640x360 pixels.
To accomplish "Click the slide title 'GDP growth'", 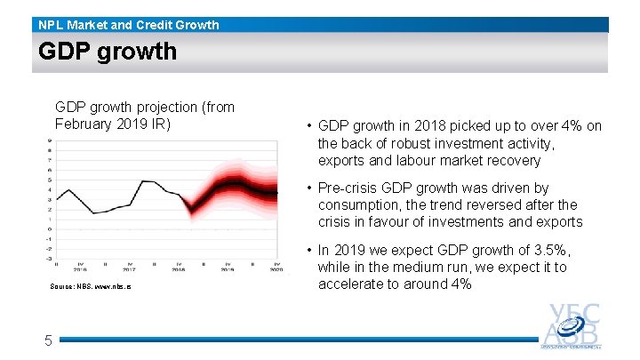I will tap(108, 52).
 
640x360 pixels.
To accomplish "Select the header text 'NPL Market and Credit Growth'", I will tap(129, 25).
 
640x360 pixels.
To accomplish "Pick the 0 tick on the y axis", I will tap(49, 228).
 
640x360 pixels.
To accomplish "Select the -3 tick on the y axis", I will tap(48, 259).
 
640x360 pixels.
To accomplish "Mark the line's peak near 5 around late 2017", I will tap(143, 181).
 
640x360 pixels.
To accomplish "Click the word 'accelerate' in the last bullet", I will tap(352, 284).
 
